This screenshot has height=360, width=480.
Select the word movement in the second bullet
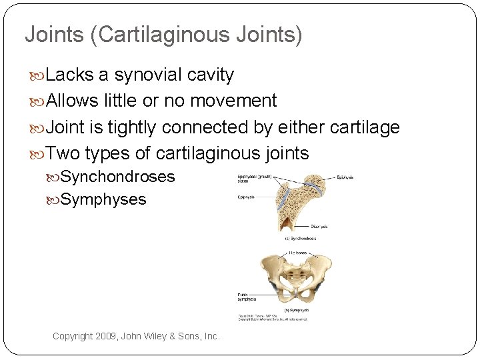click(x=233, y=101)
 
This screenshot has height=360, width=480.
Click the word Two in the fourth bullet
click(x=63, y=153)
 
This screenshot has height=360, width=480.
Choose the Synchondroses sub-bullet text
click(x=117, y=177)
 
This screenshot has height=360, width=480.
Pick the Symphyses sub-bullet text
click(x=103, y=199)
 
